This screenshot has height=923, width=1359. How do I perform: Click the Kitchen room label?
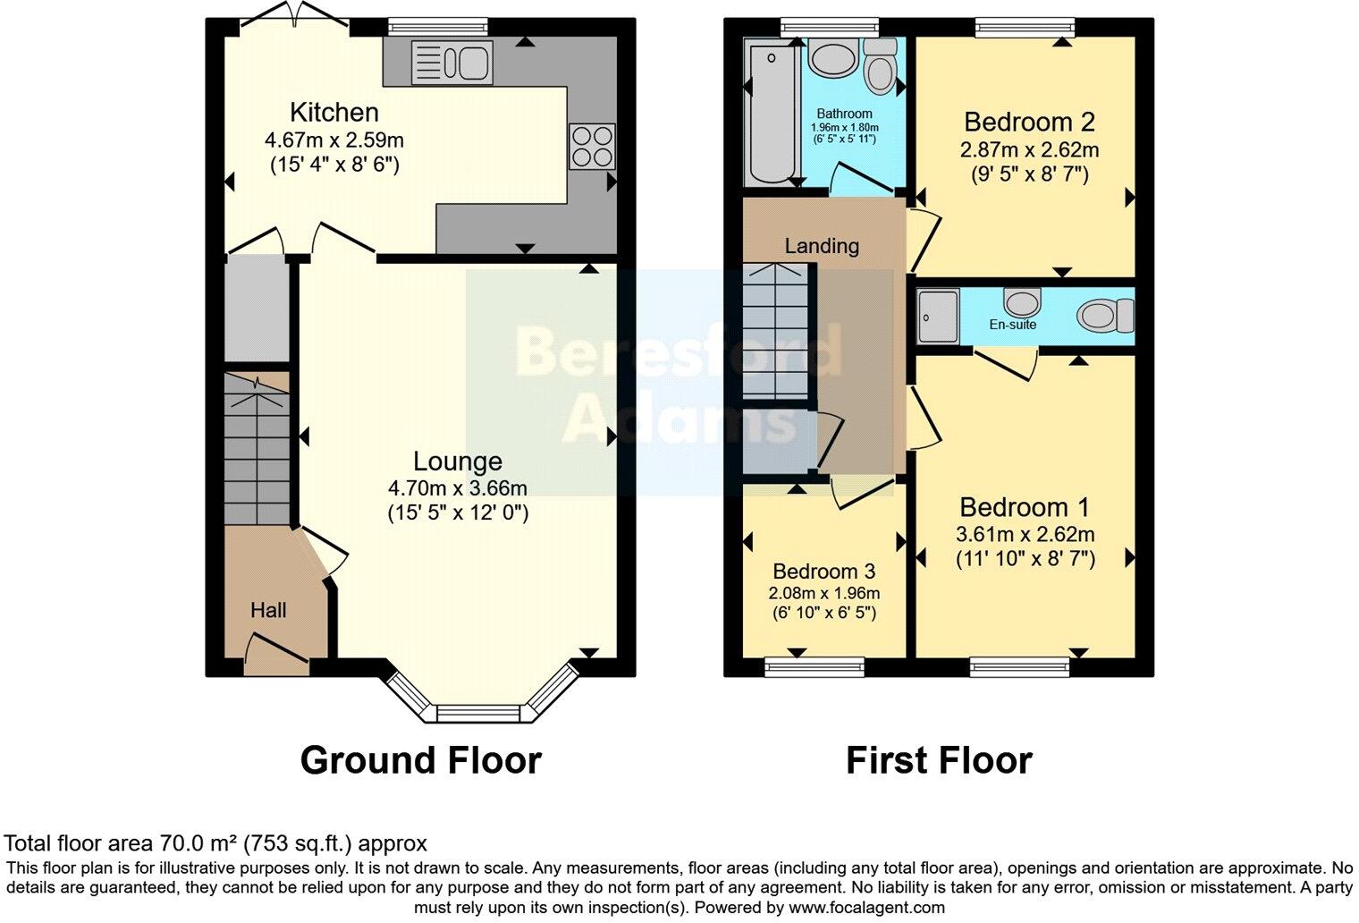tap(334, 113)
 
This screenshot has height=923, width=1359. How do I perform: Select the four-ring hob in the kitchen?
tap(592, 146)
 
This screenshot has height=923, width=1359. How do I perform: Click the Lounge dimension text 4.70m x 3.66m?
tap(457, 488)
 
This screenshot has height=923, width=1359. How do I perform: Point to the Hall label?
tap(268, 610)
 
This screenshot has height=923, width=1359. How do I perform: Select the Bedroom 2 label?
tap(1029, 122)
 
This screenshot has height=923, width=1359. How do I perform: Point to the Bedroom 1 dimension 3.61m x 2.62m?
tap(1026, 535)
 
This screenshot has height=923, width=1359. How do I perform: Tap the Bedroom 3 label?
tap(823, 572)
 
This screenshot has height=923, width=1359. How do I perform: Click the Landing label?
tap(822, 246)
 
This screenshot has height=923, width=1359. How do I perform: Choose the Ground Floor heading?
tap(420, 760)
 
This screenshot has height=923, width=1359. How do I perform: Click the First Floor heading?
tap(939, 760)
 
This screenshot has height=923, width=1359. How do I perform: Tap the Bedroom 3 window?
tap(815, 665)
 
